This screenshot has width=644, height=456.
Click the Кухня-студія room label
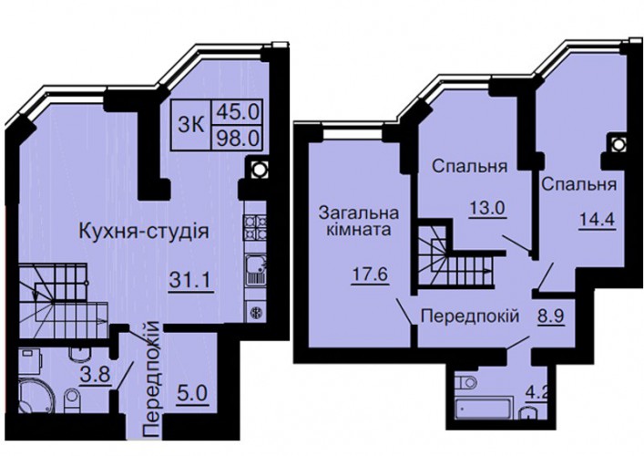tap(144, 232)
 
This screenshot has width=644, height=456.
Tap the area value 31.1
tap(191, 281)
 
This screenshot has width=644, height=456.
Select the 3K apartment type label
tap(191, 125)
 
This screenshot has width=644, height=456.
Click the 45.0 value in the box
tap(238, 111)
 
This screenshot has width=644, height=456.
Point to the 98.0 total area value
tap(238, 139)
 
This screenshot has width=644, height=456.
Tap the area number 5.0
tap(192, 396)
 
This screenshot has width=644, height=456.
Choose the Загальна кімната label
tap(359, 221)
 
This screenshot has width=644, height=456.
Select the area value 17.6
tap(370, 275)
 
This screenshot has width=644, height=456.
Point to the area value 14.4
tap(598, 220)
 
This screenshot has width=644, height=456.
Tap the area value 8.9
tap(551, 316)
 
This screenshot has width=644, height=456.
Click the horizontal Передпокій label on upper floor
tap(471, 316)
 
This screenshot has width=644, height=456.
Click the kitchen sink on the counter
tap(255, 269)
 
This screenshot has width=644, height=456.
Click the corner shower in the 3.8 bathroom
tap(37, 397)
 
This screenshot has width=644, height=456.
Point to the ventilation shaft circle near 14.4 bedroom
tap(616, 144)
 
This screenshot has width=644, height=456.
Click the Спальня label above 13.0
tap(469, 166)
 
